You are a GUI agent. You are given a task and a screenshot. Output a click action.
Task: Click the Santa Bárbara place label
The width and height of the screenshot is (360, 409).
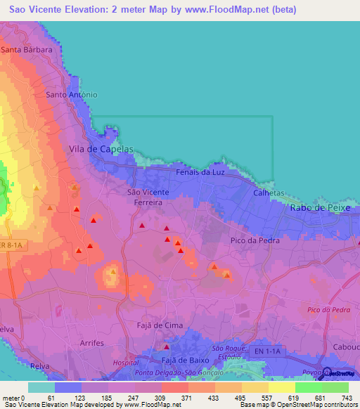coord(27,50)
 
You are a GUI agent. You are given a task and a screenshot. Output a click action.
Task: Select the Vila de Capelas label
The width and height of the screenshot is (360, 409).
coord(101,149)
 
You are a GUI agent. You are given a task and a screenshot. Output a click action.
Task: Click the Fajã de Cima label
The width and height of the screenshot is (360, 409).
coord(159,325)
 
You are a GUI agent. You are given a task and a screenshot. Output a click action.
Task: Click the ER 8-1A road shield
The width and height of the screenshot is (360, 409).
coord(11,245)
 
